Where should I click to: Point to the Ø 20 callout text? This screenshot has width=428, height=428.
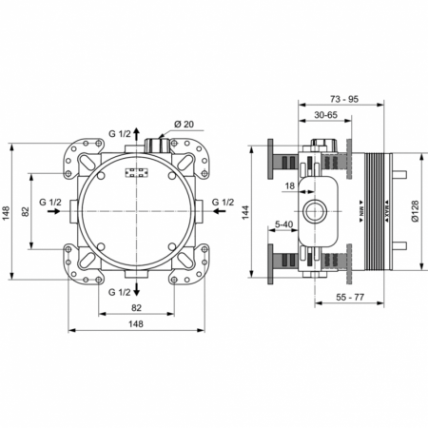(x=186, y=124)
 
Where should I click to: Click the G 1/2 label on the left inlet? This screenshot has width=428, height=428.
(x=50, y=202)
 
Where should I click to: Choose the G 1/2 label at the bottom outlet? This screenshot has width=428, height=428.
(x=119, y=290)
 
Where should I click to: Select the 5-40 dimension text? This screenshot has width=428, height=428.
(x=284, y=224)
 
